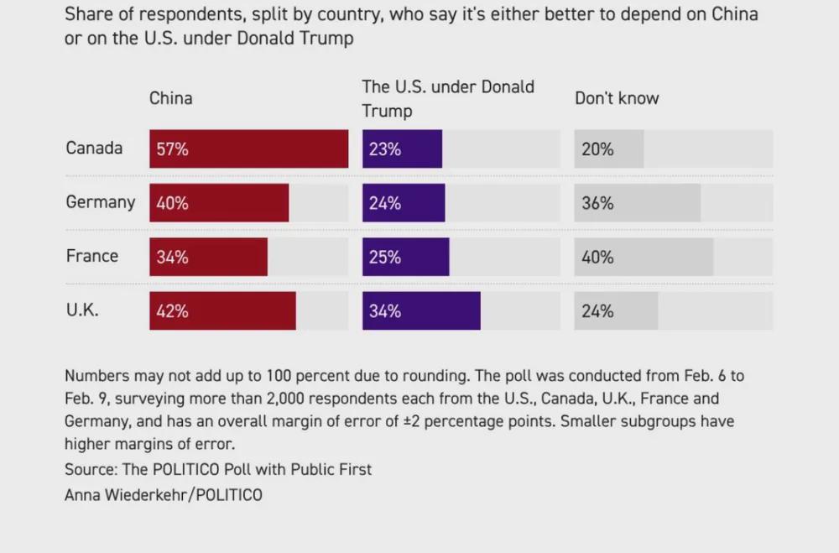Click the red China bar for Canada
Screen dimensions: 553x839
tap(248, 149)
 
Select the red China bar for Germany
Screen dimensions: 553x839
tap(219, 203)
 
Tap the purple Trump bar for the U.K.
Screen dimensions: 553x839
tap(421, 311)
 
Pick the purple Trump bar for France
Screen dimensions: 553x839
tap(405, 258)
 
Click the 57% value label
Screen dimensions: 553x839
tap(172, 149)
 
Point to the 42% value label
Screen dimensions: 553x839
tap(172, 311)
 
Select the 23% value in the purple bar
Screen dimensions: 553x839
tap(385, 149)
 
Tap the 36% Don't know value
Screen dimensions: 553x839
tap(597, 203)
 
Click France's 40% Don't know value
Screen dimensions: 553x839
tap(597, 258)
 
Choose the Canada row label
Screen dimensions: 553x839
tap(94, 149)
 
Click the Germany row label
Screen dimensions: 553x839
tap(100, 202)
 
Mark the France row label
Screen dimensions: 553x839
tap(92, 256)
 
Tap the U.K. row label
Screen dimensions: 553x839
tap(82, 310)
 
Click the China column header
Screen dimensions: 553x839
tap(171, 98)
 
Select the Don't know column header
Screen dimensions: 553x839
tap(617, 98)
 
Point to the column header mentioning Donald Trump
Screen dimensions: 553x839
tap(447, 98)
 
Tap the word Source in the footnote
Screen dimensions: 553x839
tap(89, 469)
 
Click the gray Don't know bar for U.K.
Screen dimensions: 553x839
tap(616, 311)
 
